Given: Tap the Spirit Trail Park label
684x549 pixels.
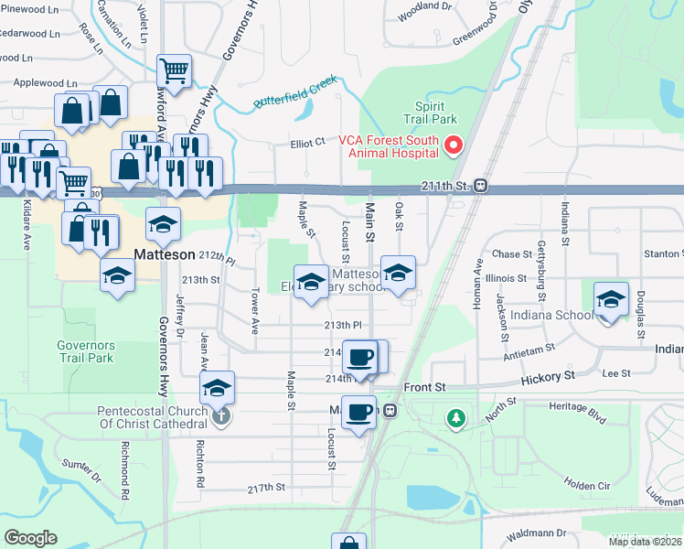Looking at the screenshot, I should [430, 113].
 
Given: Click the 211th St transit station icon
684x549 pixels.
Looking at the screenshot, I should [479, 187].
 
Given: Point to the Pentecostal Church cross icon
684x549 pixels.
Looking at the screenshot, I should [219, 417].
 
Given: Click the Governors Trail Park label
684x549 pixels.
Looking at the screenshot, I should [85, 351].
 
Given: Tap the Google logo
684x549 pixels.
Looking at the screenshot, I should [30, 538].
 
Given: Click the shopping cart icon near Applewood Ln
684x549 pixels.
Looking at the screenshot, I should [173, 70].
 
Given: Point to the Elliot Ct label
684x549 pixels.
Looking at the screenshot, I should [307, 143].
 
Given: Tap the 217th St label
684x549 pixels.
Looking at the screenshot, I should [266, 489].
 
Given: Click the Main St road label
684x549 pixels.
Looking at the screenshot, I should [370, 224].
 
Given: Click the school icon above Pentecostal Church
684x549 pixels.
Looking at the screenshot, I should [217, 388].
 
